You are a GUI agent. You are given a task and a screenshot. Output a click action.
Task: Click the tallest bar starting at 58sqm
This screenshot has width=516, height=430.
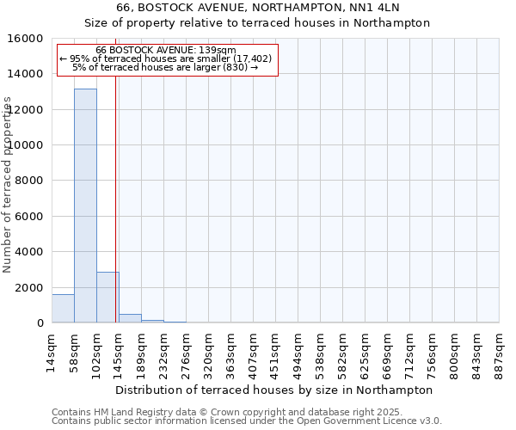click(85, 206)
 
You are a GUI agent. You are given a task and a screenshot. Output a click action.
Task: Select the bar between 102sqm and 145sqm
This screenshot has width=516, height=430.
click(107, 298)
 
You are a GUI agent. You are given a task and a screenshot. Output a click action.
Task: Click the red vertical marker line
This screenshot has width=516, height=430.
click(115, 198)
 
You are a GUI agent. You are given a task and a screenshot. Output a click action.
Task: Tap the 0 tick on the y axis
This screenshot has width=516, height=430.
click(40, 323)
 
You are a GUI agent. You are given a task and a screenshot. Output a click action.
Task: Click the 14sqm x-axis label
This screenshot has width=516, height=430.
click(52, 347)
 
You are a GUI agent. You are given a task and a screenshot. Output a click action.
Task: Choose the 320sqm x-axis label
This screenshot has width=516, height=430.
click(209, 349)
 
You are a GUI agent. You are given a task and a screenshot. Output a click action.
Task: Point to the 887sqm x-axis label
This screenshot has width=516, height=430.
click(500, 349)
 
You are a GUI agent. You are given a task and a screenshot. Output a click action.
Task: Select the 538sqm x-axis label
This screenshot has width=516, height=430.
click(321, 349)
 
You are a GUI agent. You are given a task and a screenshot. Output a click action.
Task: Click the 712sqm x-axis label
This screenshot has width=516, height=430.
click(410, 349)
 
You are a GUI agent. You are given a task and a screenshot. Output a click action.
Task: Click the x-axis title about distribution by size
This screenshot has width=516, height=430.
click(273, 390)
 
